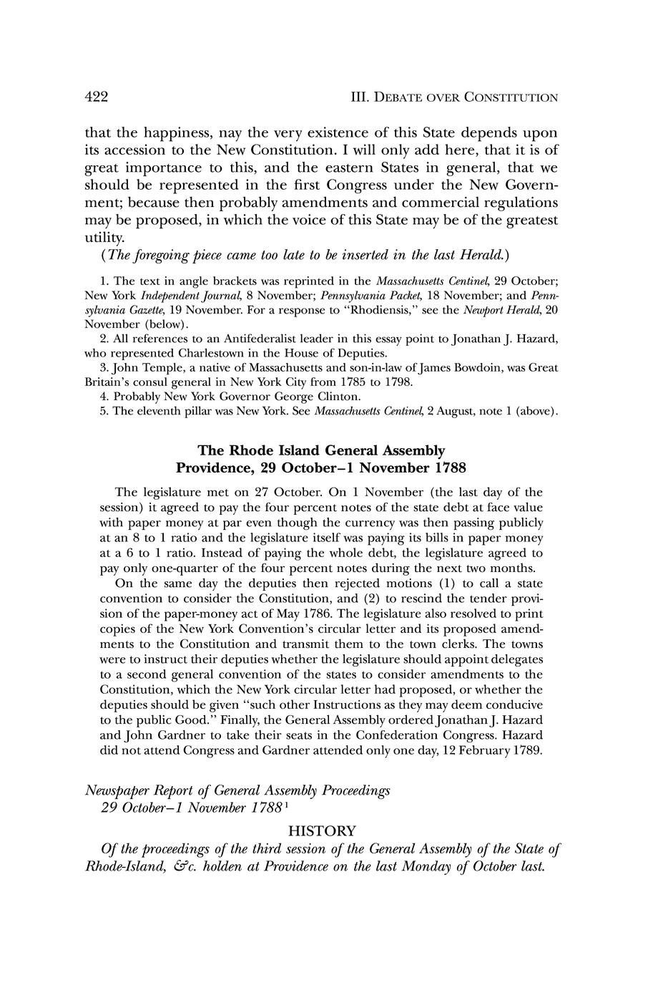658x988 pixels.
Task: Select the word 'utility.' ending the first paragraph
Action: tap(105, 237)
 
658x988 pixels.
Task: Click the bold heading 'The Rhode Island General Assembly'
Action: tap(321, 451)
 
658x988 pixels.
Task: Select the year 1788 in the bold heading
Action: tap(447, 469)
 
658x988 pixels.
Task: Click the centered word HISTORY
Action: tap(321, 831)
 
